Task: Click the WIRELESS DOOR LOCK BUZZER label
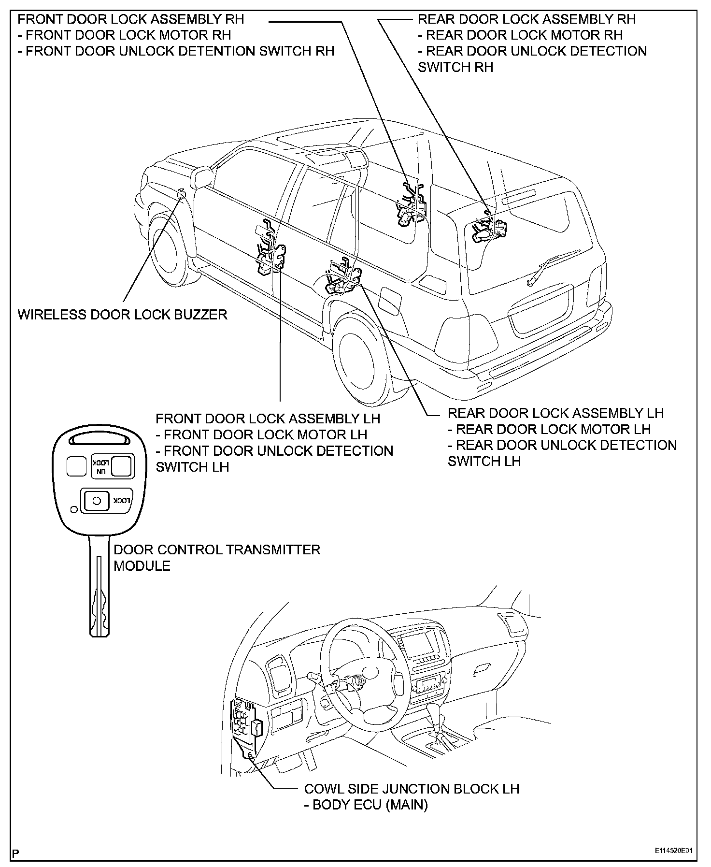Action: click(122, 315)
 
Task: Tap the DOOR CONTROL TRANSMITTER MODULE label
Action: click(216, 557)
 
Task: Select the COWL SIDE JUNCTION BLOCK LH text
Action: click(411, 789)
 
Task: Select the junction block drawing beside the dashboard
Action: click(245, 725)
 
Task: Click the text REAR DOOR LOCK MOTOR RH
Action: click(524, 35)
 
